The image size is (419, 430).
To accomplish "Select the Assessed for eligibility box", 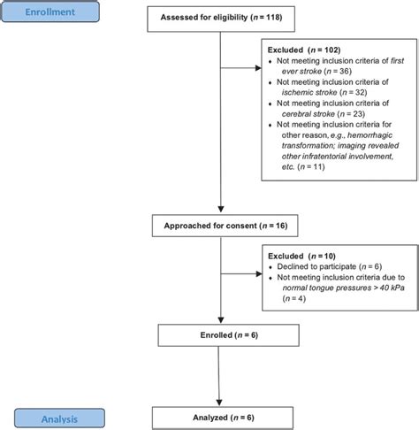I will click(x=216, y=17).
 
